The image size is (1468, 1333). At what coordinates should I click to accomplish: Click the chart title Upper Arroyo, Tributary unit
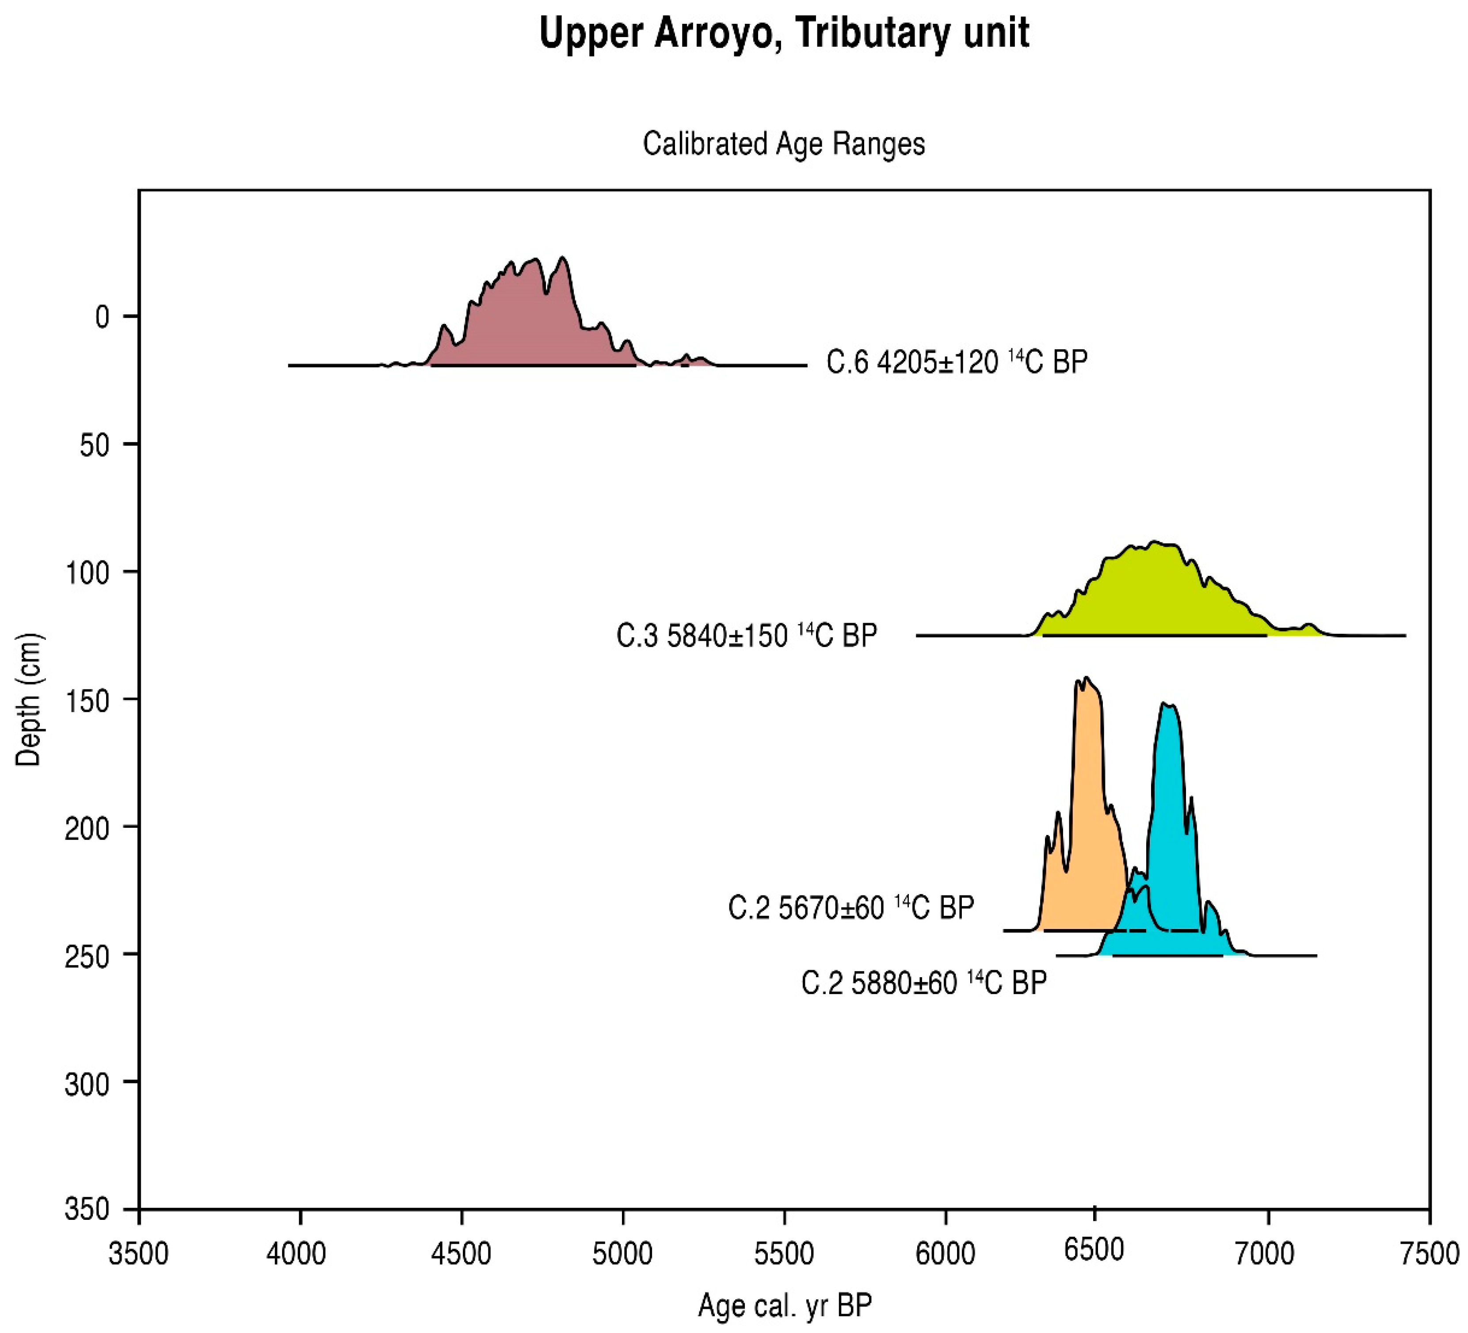pos(784,33)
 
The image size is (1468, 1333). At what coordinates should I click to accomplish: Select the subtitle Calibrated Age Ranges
pos(784,144)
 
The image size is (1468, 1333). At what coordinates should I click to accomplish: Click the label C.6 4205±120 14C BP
pos(956,362)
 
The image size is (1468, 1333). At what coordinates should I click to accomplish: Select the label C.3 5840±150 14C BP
pos(747,636)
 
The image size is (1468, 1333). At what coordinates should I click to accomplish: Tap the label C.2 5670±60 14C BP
pos(850,908)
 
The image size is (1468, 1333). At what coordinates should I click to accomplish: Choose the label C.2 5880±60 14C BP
pos(923,983)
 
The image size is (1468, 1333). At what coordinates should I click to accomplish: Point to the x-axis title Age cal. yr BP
pos(784,1305)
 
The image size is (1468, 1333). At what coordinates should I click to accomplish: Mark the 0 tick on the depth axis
pos(103,317)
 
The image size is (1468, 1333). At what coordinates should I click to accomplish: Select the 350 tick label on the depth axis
pos(88,1211)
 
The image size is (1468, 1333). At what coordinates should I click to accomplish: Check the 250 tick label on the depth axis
pos(88,956)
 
